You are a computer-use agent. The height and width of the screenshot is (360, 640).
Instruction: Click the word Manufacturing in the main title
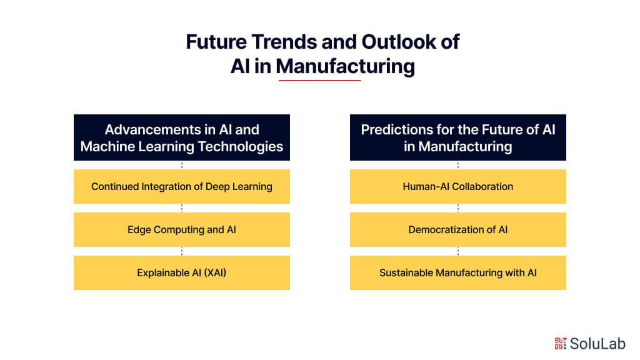click(x=345, y=66)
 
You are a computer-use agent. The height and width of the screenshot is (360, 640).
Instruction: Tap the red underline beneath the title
click(x=319, y=80)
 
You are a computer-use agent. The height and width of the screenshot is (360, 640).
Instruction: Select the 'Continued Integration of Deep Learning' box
click(x=182, y=186)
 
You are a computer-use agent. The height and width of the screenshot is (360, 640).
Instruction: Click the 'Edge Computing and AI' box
click(x=182, y=229)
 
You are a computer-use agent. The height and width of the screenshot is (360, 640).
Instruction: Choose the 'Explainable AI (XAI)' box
click(x=182, y=272)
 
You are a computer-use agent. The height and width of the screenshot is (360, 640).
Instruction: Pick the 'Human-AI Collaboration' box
click(x=458, y=186)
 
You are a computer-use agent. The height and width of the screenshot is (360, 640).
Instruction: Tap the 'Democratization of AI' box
click(x=458, y=229)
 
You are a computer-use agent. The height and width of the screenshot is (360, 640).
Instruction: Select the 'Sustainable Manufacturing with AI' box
click(x=458, y=272)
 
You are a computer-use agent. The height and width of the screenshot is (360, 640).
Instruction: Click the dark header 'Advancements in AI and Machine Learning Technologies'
click(x=182, y=138)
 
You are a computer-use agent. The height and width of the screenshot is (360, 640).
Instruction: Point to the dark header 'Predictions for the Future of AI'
click(x=458, y=138)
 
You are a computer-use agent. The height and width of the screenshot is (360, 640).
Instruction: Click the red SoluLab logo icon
click(x=560, y=342)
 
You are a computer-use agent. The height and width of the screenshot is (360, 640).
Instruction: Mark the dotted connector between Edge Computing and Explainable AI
click(x=182, y=251)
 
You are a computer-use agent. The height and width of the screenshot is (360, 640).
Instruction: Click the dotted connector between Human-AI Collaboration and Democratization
click(x=458, y=208)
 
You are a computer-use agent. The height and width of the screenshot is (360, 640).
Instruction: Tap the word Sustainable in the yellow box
click(x=406, y=272)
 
